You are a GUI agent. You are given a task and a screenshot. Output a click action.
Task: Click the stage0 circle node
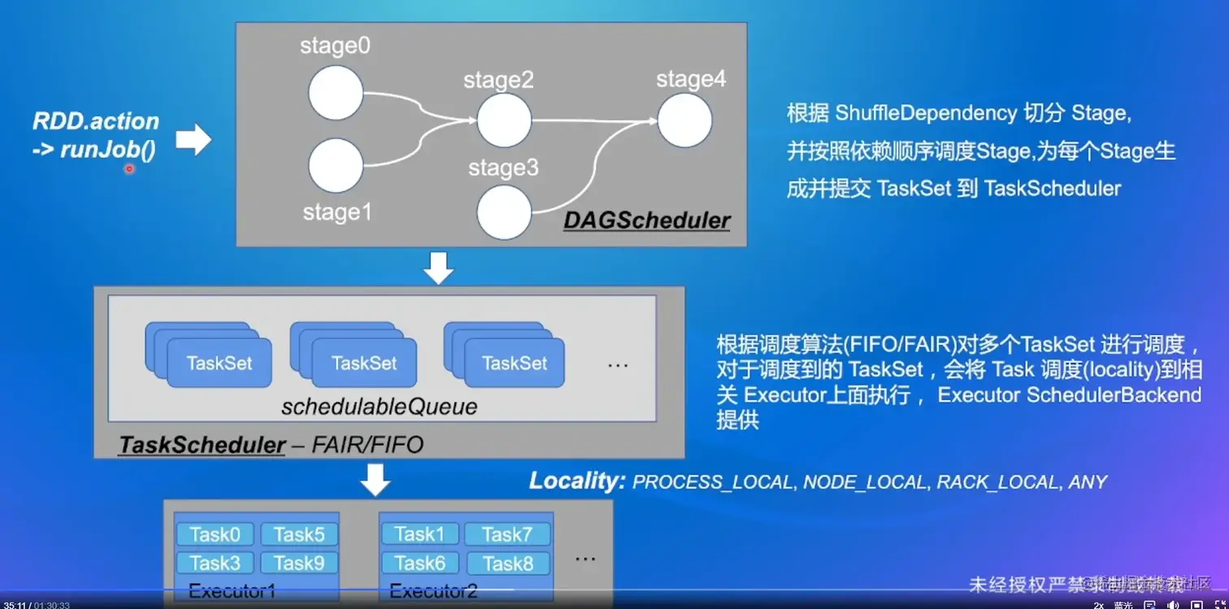pos(335,93)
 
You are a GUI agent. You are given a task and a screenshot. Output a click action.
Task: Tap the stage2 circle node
pos(504,120)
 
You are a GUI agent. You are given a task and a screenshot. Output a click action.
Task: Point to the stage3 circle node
pos(504,212)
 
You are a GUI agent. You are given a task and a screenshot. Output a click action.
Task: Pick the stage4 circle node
pos(684,120)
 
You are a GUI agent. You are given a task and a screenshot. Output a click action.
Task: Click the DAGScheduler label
pos(647,220)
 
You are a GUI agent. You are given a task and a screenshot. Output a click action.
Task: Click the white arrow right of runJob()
pos(193,140)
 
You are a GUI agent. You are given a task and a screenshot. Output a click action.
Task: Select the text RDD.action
pos(96,122)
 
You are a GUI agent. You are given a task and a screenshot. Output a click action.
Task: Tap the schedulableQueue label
pos(379,407)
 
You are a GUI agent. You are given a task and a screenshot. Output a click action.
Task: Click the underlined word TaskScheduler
pos(202,446)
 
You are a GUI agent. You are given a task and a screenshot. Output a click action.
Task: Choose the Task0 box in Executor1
pos(215,534)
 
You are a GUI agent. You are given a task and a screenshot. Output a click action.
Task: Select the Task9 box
pos(299,563)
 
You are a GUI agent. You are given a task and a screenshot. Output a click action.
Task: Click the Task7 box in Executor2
pos(506,534)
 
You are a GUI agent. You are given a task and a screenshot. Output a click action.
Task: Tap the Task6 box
pos(419,563)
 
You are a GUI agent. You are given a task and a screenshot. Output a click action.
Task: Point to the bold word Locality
pos(576,481)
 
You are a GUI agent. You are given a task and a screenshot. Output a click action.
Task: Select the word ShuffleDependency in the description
pos(925,113)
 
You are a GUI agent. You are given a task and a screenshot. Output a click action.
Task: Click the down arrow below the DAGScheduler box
pos(439,268)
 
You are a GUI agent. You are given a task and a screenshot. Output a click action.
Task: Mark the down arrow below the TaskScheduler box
pos(376,479)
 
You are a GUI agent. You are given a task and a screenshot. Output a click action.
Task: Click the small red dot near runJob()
pos(128,169)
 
